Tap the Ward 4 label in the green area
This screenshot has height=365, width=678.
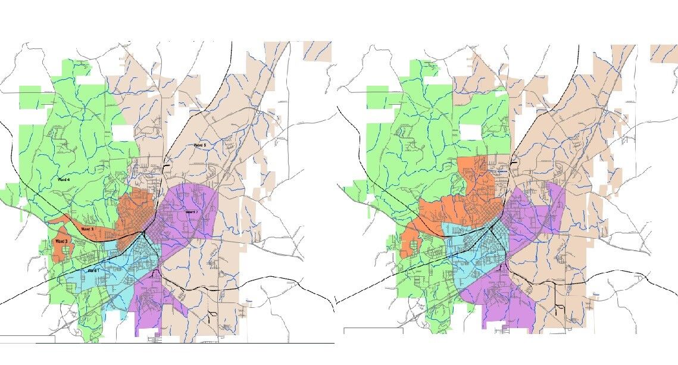(63, 179)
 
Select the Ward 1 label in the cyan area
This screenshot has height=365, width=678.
(93, 271)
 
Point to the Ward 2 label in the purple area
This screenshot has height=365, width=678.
(191, 211)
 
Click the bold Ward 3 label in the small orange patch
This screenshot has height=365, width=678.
(62, 241)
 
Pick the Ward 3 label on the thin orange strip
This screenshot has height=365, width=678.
(87, 229)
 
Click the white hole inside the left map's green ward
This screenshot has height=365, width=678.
(124, 132)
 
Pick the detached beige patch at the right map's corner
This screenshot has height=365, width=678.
(664, 53)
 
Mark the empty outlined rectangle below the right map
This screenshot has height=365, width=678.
(373, 330)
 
